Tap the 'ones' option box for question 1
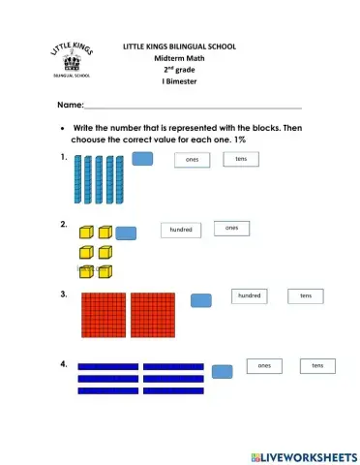coord(192,160)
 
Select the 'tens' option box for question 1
coord(240,158)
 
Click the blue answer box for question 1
coord(143,160)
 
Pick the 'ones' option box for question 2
coord(231,228)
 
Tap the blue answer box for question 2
coord(126,232)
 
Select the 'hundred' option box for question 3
coord(249,294)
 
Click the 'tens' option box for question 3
coord(305,295)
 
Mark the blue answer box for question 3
coord(201,300)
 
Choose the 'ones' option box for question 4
coord(264,365)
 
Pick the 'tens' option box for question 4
coord(316,365)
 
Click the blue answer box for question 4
coord(222,371)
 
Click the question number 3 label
coord(63,294)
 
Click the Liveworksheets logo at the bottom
coord(303,455)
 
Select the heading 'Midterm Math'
coord(179,59)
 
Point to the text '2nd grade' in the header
coord(179,71)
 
